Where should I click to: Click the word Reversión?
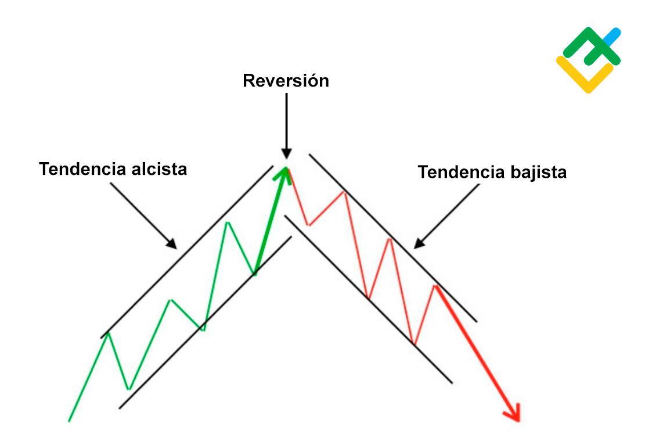coord(286,80)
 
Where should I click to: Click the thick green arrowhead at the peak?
coord(283,173)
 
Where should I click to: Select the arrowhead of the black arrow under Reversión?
coord(286,153)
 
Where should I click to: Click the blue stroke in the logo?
coord(613,37)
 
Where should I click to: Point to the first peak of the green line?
coord(108,332)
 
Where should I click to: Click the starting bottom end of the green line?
coord(69,421)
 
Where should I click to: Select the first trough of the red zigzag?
coord(308,225)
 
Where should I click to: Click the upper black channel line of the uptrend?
coord(187,252)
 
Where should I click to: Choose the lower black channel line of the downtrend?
coord(369,299)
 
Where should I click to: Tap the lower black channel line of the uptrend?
coord(206,322)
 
